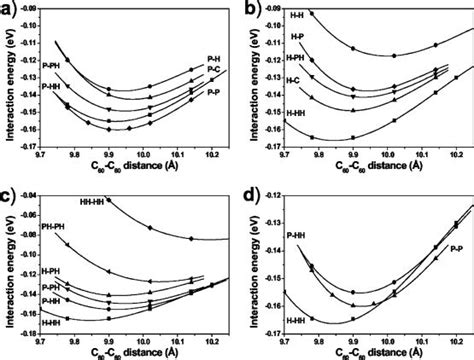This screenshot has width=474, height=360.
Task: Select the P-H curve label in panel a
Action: tap(213, 59)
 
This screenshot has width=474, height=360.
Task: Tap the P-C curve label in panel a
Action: tap(213, 72)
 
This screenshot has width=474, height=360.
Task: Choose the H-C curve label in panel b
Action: tap(293, 80)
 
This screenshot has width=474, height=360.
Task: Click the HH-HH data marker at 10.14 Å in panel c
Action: tap(193, 237)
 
